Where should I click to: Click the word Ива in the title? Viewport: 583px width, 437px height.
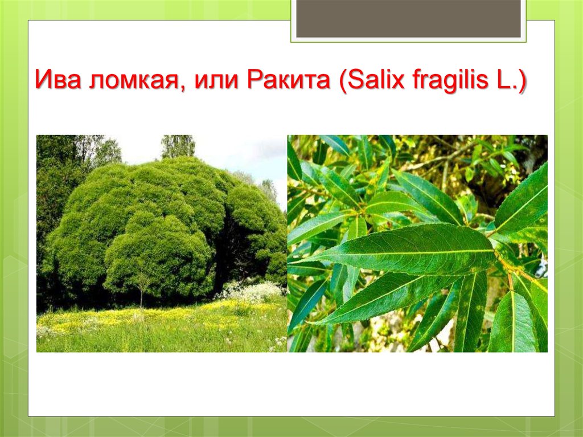pos(58,79)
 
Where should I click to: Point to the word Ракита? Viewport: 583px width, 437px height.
pos(289,79)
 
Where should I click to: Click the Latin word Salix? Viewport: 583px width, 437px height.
pos(376,79)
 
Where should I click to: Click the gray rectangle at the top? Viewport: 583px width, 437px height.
pos(408,19)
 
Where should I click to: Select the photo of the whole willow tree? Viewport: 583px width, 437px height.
pos(162,243)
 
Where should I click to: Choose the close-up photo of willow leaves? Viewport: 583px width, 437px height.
pos(417,243)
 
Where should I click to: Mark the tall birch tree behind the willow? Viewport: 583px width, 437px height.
pos(178,146)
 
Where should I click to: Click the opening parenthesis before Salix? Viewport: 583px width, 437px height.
pos(342,81)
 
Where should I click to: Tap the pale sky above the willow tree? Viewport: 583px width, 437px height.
pos(238,153)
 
